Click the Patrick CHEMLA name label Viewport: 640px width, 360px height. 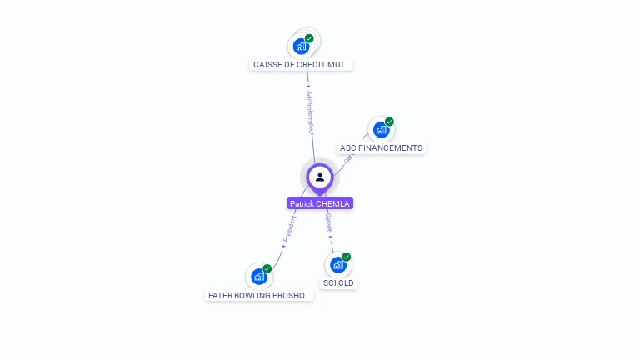click(320, 203)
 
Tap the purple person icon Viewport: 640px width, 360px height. click(320, 177)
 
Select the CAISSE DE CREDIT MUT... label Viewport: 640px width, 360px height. click(302, 64)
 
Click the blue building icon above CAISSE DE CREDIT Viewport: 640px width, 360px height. click(301, 46)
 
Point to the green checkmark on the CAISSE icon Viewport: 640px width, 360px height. click(309, 38)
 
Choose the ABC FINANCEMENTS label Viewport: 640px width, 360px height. click(382, 148)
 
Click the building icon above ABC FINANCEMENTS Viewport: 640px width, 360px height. click(381, 130)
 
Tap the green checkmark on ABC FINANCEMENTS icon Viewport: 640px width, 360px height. click(389, 122)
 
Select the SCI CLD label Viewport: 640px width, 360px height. click(338, 283)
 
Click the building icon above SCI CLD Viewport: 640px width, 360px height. click(337, 265)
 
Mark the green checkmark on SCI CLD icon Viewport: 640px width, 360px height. click(347, 257)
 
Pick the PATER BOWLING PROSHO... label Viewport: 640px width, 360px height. click(260, 295)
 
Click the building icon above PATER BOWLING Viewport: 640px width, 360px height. click(259, 276)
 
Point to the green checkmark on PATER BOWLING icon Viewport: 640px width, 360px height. click(267, 268)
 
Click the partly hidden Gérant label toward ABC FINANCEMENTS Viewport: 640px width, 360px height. click(348, 156)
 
